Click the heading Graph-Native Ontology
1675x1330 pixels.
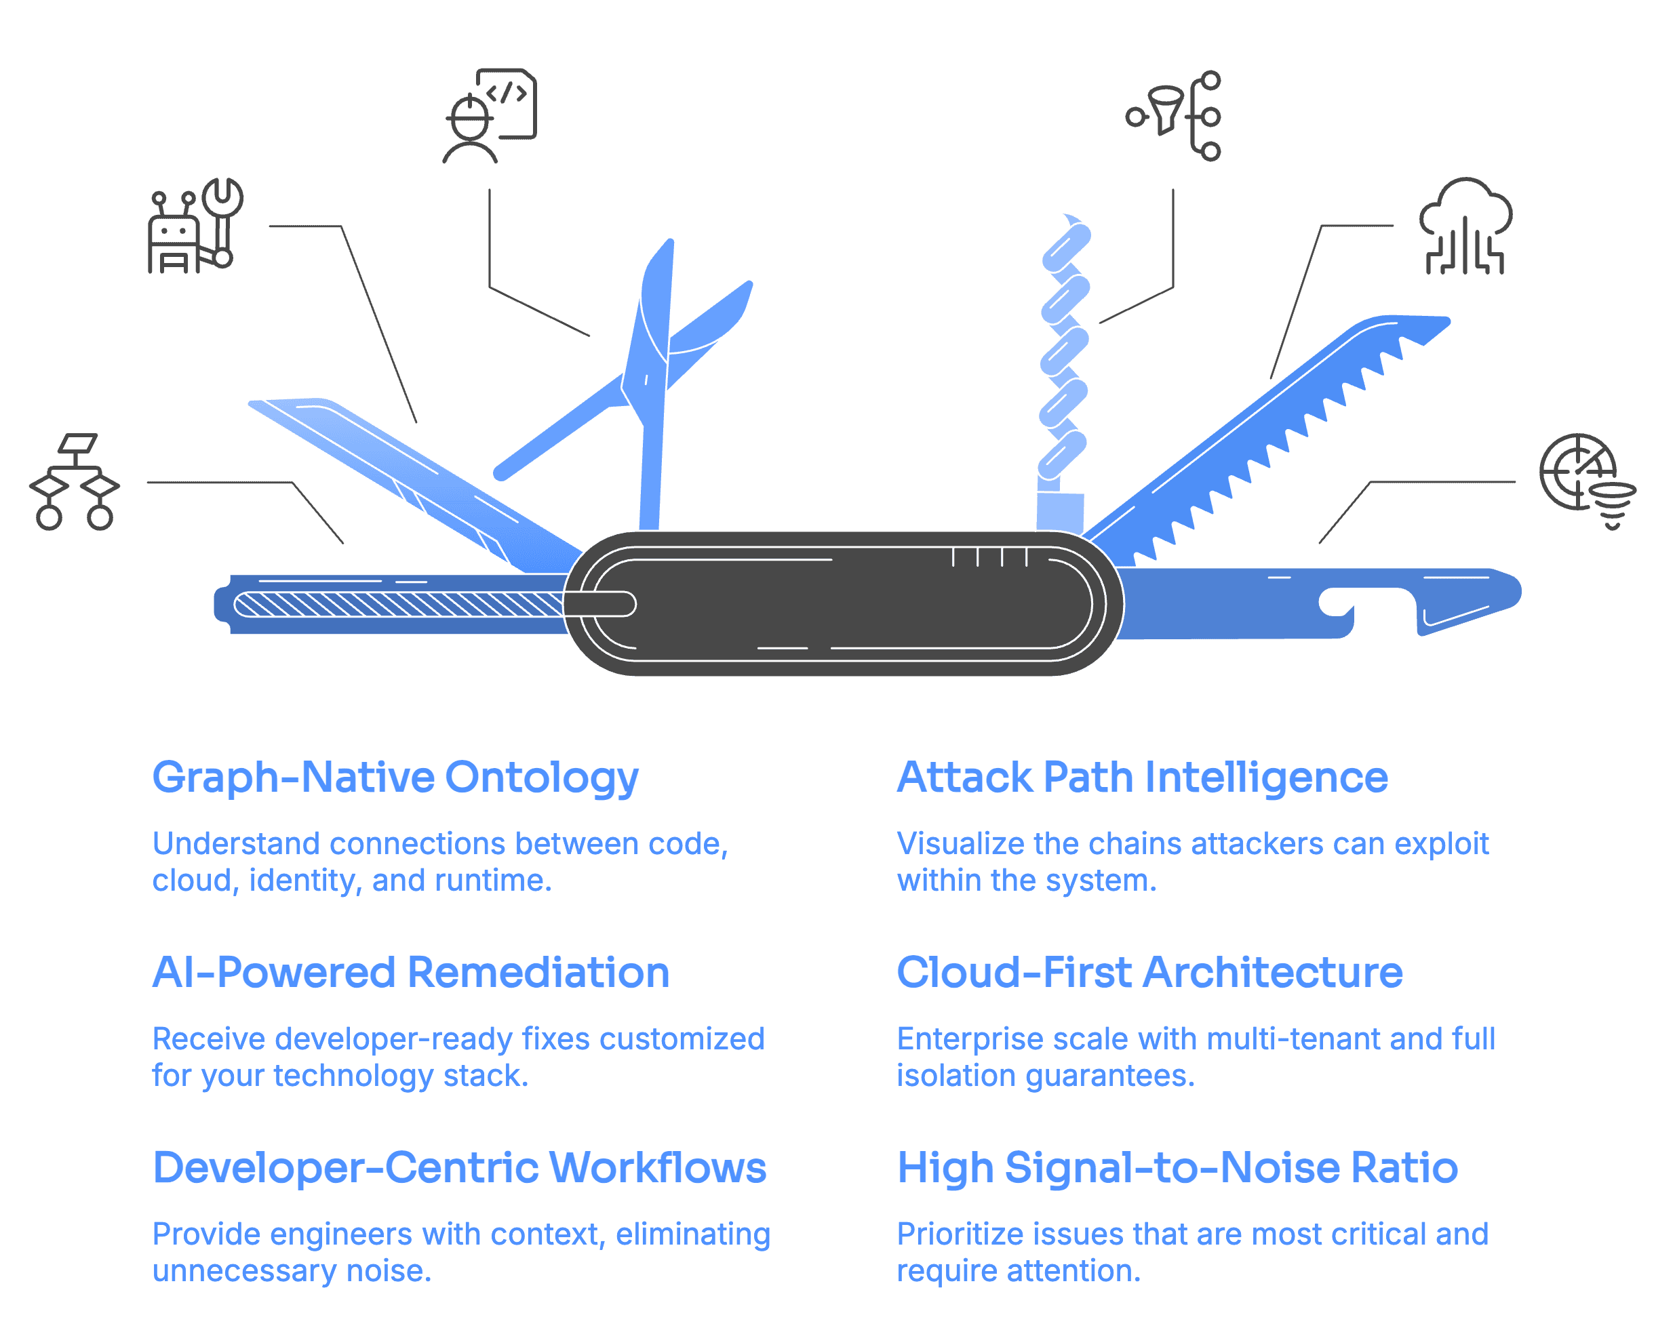pyautogui.click(x=395, y=778)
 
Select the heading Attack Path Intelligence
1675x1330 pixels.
pyautogui.click(x=1142, y=778)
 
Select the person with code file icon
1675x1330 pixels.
pyautogui.click(x=490, y=116)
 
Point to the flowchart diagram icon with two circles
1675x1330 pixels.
pyautogui.click(x=75, y=482)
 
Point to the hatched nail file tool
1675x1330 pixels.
pyautogui.click(x=396, y=604)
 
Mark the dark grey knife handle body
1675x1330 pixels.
pyautogui.click(x=843, y=603)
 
